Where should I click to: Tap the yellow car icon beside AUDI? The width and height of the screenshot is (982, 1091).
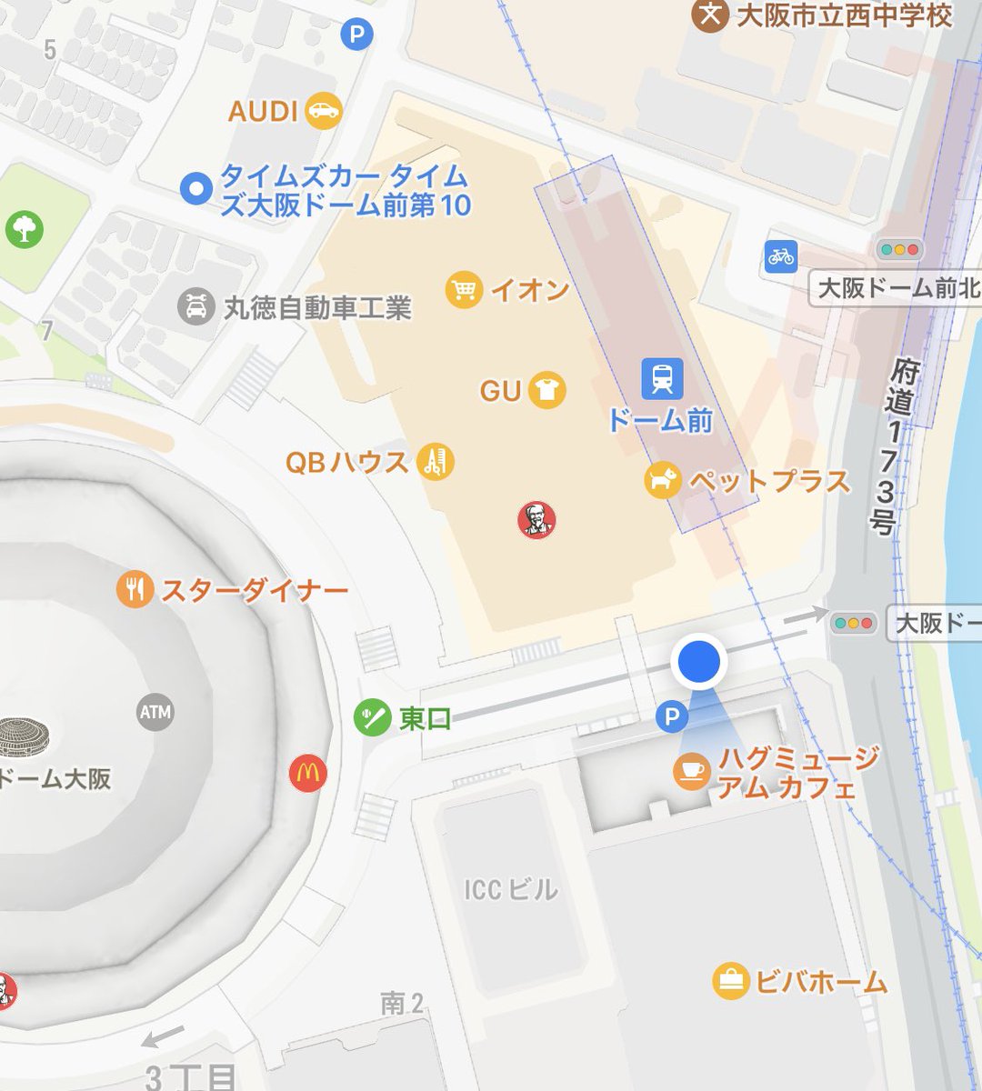[323, 111]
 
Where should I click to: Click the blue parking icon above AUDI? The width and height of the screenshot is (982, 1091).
[356, 35]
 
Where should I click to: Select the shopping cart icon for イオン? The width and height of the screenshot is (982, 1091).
[464, 290]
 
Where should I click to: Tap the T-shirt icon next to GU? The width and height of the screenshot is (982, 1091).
[546, 391]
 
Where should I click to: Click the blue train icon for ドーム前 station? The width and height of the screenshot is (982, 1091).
[661, 378]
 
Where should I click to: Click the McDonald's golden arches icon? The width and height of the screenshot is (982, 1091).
[307, 774]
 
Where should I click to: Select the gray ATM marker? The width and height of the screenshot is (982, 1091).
[155, 712]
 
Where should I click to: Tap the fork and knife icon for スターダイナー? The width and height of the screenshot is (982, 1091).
[135, 590]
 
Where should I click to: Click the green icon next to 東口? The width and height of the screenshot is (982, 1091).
[373, 718]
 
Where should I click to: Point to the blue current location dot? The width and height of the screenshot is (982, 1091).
[698, 661]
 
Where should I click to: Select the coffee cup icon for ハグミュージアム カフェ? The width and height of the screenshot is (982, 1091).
[691, 771]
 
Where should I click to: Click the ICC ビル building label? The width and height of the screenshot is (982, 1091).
[510, 888]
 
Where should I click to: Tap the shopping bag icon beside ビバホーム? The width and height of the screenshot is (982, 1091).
[730, 981]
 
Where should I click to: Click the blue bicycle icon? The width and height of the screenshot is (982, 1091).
[780, 256]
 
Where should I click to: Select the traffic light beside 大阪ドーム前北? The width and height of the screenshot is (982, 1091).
[899, 249]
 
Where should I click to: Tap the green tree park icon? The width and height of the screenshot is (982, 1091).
[25, 229]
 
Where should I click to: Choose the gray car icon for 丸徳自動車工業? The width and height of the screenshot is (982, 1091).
[195, 307]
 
